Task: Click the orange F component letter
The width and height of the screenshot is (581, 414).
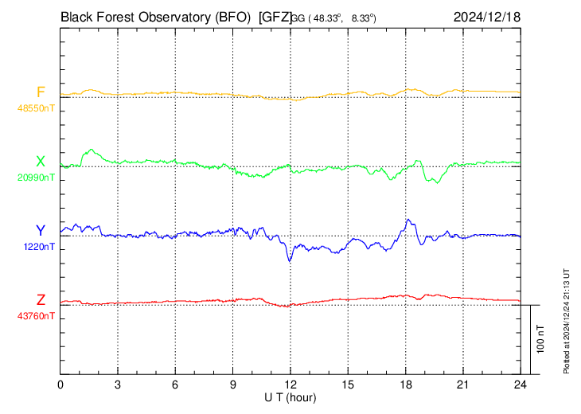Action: coord(41,92)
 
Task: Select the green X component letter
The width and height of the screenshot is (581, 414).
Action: coord(41,162)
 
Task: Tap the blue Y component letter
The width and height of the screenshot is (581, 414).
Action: coord(41,231)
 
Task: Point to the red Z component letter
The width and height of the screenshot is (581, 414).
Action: coord(41,300)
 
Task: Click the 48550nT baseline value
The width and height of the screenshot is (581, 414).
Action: coord(37,107)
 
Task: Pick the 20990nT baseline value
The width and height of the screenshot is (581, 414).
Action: coord(37,178)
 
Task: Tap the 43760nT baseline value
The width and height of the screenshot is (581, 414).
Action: coord(37,316)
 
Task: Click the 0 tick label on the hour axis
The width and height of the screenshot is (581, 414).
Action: coord(60,385)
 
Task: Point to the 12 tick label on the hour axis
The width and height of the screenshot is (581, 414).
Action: coord(290,385)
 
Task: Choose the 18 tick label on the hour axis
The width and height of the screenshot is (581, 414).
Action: coord(405,385)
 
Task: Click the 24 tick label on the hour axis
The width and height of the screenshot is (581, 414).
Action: coord(521,385)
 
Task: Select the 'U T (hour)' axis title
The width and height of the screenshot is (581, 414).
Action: coord(290,396)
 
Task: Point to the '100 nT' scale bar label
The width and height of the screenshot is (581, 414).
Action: coord(541,339)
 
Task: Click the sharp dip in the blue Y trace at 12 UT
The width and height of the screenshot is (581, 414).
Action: coord(290,260)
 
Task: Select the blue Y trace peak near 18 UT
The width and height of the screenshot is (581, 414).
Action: coord(407,220)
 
